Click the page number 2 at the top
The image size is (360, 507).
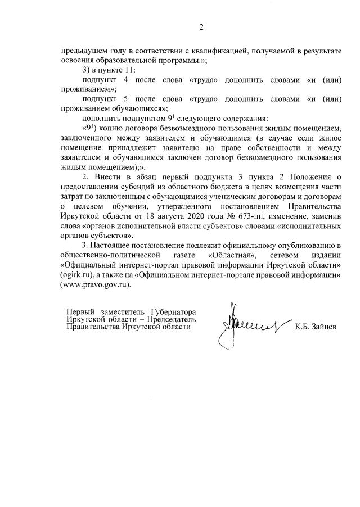click(x=201, y=28)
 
